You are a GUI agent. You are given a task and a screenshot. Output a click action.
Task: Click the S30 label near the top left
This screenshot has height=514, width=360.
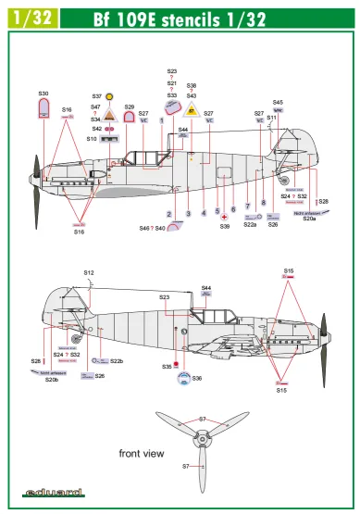coord(43,94)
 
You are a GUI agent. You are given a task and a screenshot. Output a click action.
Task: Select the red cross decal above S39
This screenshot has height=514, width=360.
coord(224,215)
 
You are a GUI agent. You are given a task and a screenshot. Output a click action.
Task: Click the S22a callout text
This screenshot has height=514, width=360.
coord(250,224)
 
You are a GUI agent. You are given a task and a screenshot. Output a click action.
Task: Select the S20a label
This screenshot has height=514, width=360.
coord(309,218)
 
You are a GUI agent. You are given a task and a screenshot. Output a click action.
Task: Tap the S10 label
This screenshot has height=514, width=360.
coord(93,138)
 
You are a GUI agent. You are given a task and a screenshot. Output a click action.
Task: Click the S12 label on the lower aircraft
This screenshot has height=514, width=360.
coord(89,272)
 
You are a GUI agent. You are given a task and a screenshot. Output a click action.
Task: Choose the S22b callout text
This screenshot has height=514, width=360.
coord(116,360)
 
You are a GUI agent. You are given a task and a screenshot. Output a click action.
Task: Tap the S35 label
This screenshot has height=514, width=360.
coord(167,367)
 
